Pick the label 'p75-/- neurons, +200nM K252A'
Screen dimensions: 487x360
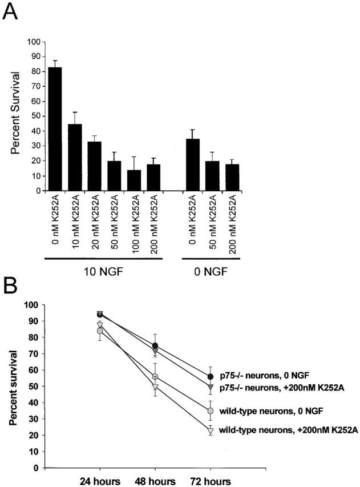277,388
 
